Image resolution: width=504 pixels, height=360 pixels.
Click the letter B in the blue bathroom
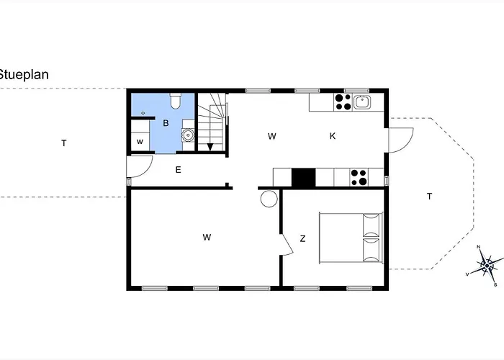tap(166, 123)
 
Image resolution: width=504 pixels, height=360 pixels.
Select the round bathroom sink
tap(187, 133)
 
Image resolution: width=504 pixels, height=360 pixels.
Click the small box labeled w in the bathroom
tap(140, 141)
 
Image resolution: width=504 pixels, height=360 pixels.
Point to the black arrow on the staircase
tap(210, 147)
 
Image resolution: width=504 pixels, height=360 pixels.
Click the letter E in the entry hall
tap(177, 170)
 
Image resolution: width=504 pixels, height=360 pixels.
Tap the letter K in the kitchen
tap(333, 135)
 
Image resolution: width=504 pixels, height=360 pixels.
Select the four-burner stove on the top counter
tap(343, 102)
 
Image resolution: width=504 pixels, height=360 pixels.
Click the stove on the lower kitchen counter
tap(359, 176)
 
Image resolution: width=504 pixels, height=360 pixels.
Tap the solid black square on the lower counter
tap(303, 176)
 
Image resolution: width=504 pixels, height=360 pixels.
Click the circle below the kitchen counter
tap(269, 199)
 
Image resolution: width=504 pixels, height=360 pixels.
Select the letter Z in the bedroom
tap(303, 238)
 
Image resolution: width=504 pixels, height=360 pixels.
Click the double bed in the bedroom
tap(351, 238)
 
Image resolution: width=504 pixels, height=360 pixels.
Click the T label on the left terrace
tap(63, 143)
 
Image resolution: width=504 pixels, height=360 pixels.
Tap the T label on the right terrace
tap(429, 196)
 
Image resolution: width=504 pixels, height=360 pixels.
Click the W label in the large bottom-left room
tap(206, 236)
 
